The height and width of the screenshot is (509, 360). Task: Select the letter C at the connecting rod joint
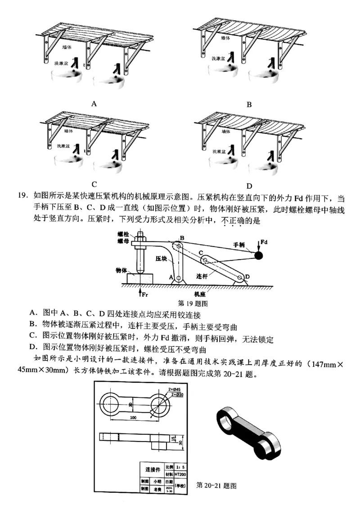pos(201,254)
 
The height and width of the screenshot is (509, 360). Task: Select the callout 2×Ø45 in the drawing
pos(174,388)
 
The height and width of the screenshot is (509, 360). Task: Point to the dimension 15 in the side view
pos(172,438)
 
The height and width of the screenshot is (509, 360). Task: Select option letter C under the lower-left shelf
pos(94,184)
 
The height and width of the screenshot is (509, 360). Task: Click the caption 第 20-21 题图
pos(217,485)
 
